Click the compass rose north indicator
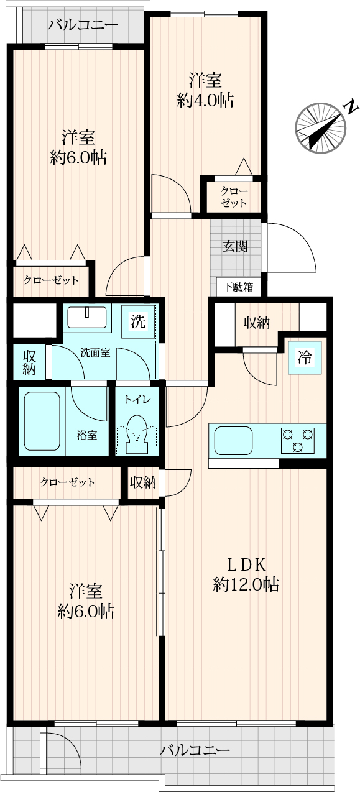click(320, 128)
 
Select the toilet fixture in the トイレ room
click(137, 433)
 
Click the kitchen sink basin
click(233, 441)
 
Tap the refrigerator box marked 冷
click(305, 357)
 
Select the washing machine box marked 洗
click(138, 321)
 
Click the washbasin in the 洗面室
click(87, 317)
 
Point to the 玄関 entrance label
click(235, 246)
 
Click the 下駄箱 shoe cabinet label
click(238, 287)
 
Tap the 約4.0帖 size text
click(205, 101)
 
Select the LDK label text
click(246, 564)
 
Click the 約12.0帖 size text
click(246, 584)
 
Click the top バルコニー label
click(83, 25)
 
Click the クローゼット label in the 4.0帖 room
click(234, 197)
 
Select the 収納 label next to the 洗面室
click(29, 362)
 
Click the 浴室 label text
click(87, 435)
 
